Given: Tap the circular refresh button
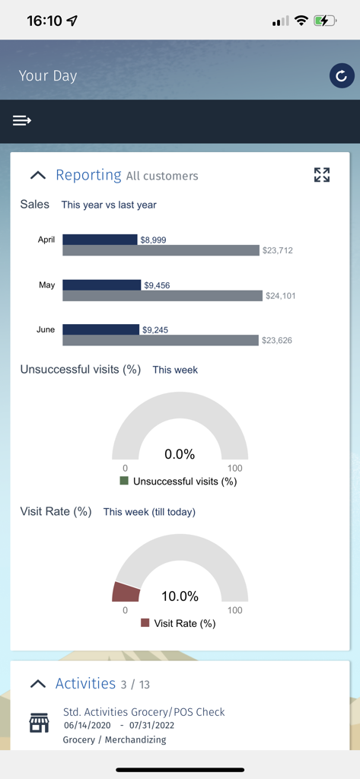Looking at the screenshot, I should [342, 75].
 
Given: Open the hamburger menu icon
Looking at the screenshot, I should [22, 120].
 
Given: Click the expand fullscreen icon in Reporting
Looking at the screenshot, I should [322, 175].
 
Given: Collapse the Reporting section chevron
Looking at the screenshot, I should [37, 175].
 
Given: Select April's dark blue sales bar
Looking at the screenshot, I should [100, 240].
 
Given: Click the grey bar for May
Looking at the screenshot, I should [162, 296].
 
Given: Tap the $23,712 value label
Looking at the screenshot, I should [278, 250].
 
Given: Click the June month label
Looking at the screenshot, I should [46, 330].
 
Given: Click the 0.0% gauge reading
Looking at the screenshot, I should [180, 454].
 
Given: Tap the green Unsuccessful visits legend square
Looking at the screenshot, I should [124, 481].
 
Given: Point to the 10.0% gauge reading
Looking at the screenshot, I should [180, 596].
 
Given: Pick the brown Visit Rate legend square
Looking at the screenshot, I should [145, 623].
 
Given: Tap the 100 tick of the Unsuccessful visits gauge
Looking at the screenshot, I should [234, 468].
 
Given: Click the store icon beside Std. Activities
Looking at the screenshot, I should [39, 722].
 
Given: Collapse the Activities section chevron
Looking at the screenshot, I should [37, 683].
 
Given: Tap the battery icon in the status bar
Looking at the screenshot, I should [326, 21].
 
